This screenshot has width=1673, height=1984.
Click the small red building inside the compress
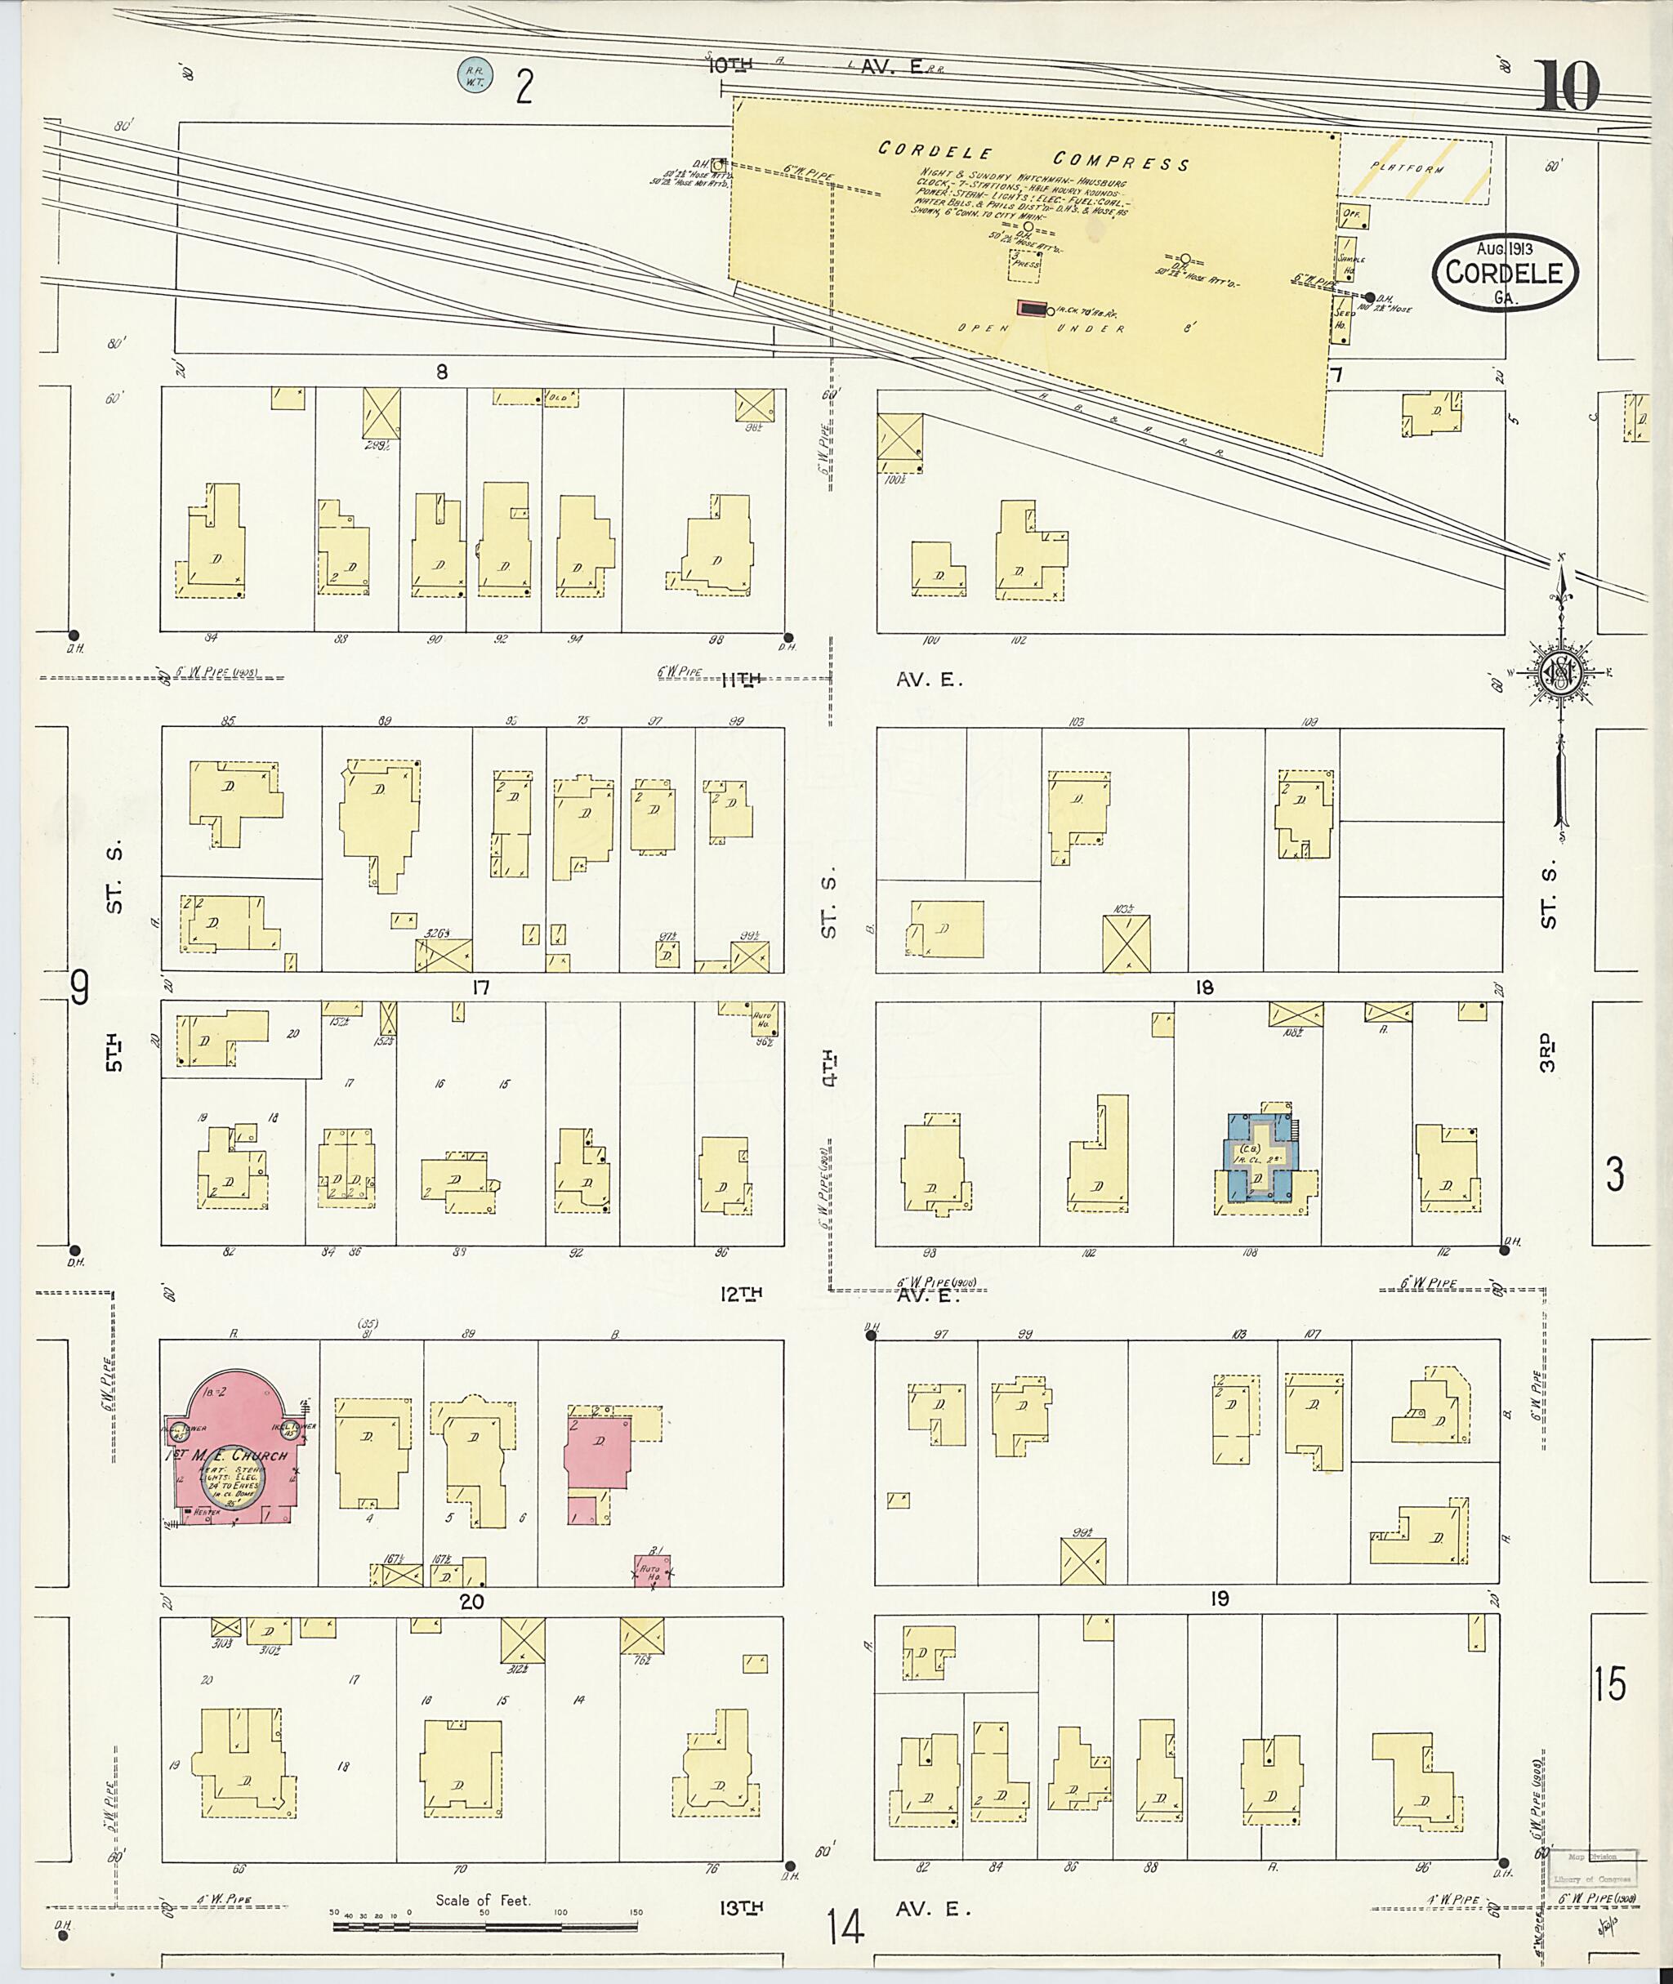pyautogui.click(x=1032, y=308)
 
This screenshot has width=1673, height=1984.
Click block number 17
pyautogui.click(x=481, y=988)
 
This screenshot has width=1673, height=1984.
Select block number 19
pyautogui.click(x=1219, y=1599)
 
